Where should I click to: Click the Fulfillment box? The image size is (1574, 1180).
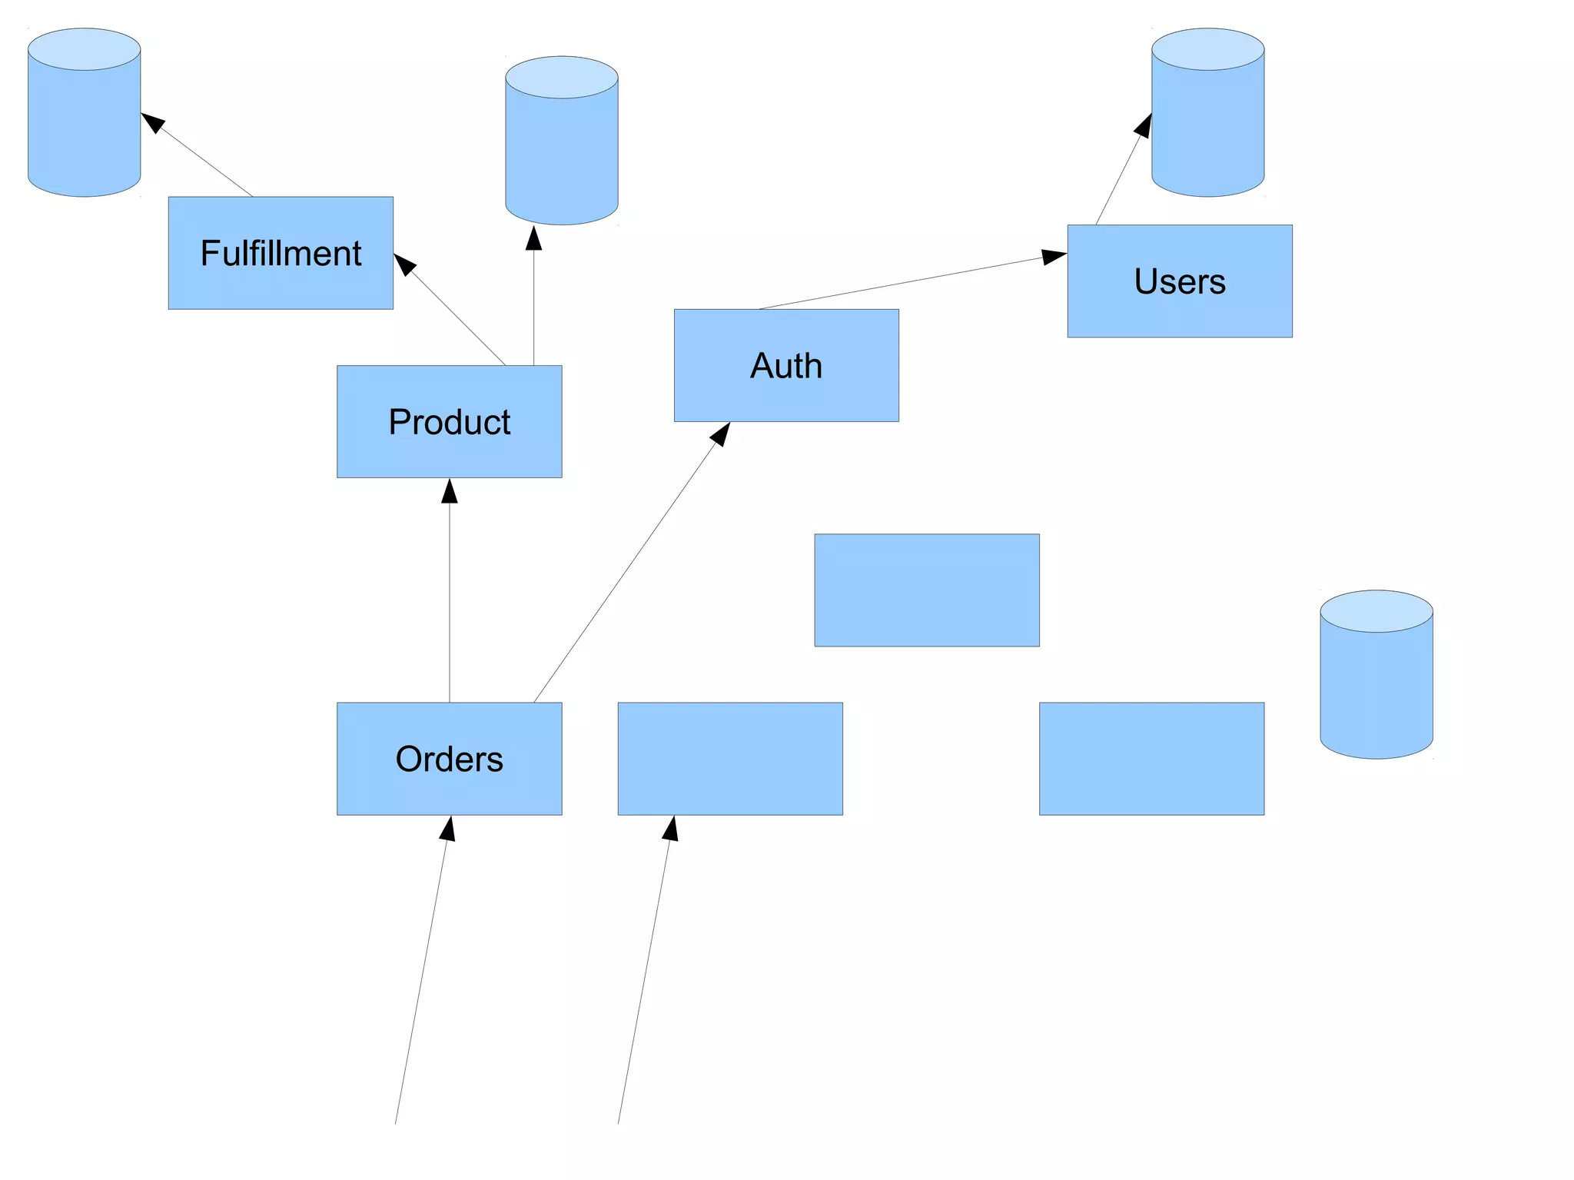(281, 253)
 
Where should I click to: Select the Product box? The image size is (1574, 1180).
(449, 421)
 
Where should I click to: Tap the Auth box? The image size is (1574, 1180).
(786, 365)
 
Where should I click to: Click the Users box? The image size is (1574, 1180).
(1179, 281)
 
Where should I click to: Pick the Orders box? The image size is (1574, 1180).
(449, 759)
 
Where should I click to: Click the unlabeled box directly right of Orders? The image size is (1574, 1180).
(730, 759)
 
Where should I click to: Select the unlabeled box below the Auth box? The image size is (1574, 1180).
(927, 590)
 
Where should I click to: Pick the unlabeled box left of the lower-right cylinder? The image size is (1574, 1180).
(1151, 759)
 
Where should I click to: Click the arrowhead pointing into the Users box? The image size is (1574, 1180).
(1054, 256)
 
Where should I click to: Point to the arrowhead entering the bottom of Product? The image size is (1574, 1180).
(450, 490)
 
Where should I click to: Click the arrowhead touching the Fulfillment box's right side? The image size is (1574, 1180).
(403, 264)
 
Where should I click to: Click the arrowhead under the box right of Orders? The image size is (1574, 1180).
(671, 828)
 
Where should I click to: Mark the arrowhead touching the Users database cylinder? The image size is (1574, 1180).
(1144, 125)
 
